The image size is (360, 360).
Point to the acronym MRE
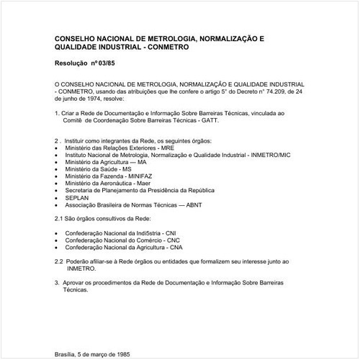(163, 147)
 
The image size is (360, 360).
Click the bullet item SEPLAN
(76, 197)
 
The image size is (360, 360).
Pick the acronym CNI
(171, 233)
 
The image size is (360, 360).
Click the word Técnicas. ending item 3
(76, 290)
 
